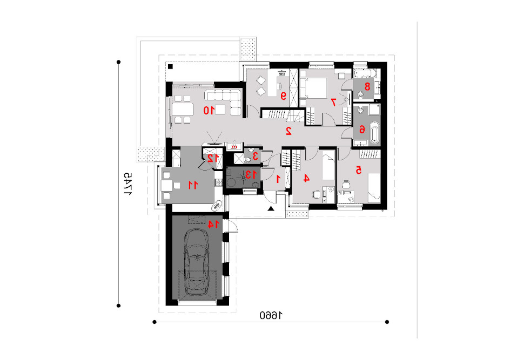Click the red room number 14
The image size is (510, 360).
pos(213,224)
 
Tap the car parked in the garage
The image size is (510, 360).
pos(197,262)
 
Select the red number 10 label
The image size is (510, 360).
pos(209,111)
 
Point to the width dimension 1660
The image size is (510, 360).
pos(271,315)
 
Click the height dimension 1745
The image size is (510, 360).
pos(128,184)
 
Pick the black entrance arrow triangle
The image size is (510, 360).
pos(271,208)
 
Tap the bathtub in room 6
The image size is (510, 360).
pos(375,133)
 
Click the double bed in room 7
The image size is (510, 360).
pos(313,88)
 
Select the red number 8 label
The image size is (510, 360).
pos(367,87)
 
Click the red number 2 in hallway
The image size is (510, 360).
pos(288,131)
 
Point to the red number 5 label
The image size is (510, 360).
pos(358,170)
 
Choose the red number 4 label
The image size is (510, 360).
pos(306,178)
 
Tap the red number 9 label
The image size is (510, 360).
pos(283,96)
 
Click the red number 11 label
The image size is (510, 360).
pos(193,185)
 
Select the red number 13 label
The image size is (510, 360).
pos(251,175)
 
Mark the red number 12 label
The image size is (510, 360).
pos(213,158)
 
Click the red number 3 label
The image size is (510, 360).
pos(256,156)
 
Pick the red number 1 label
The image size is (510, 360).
pos(278,179)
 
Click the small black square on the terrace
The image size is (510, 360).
pos(170,66)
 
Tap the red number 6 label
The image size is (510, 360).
pos(361,130)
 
